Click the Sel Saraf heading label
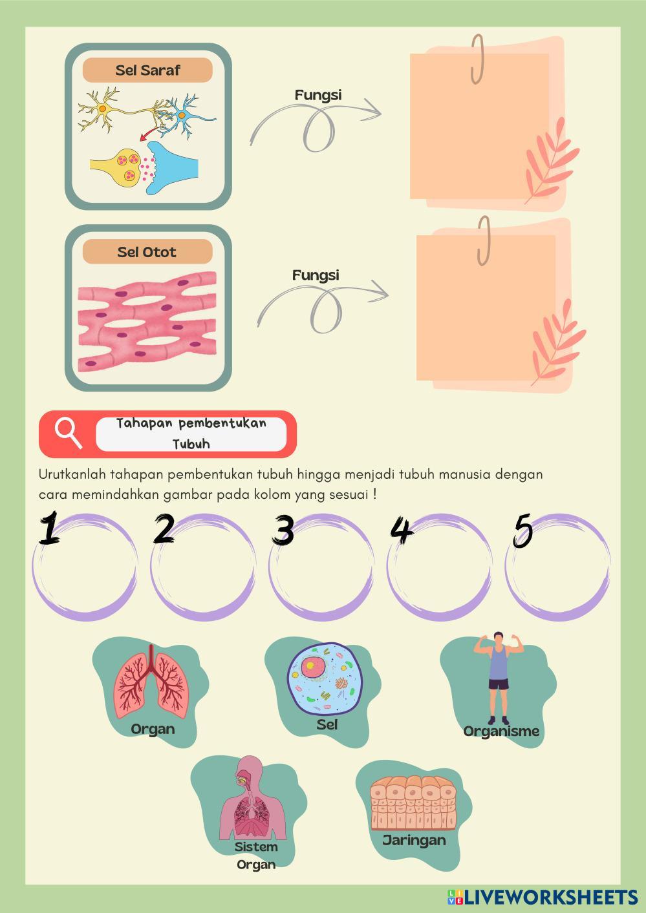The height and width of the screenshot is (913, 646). [x=147, y=70]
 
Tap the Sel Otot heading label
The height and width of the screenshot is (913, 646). [x=147, y=252]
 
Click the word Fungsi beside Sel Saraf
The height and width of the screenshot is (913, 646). [x=318, y=96]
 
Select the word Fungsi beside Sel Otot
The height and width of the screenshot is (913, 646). [x=316, y=275]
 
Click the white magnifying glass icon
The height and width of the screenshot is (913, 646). [x=69, y=434]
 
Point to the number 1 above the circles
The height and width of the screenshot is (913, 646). [x=50, y=528]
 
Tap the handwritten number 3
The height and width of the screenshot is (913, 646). [x=283, y=529]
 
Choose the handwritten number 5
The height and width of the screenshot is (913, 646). [x=523, y=530]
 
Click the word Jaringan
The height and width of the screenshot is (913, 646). [x=414, y=841]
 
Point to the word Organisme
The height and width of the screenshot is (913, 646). [x=501, y=731]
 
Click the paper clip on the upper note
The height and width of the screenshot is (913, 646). [x=477, y=59]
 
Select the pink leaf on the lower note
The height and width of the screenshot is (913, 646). [x=559, y=342]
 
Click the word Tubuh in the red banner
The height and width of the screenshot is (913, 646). [x=191, y=444]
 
